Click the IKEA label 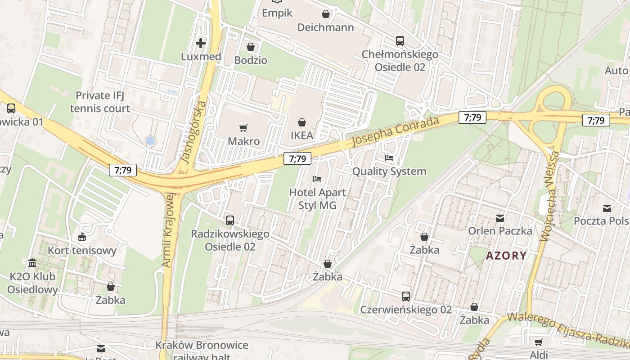pyautogui.click(x=301, y=135)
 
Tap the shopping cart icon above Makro pyautogui.click(x=243, y=128)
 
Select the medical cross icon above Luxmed pyautogui.click(x=201, y=43)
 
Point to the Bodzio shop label pyautogui.click(x=251, y=60)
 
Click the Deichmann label pyautogui.click(x=326, y=27)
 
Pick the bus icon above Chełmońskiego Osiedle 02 pyautogui.click(x=400, y=41)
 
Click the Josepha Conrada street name pyautogui.click(x=395, y=131)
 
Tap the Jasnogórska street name pyautogui.click(x=193, y=132)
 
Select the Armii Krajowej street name pyautogui.click(x=167, y=229)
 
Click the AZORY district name pyautogui.click(x=506, y=256)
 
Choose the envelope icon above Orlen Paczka pyautogui.click(x=500, y=218)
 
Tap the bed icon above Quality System pyautogui.click(x=389, y=158)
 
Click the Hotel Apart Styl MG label pyautogui.click(x=317, y=198)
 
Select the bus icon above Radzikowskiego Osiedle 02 pyautogui.click(x=230, y=220)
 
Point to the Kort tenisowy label pyautogui.click(x=82, y=250)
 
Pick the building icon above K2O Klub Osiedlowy pyautogui.click(x=32, y=263)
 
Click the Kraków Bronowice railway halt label pyautogui.click(x=202, y=350)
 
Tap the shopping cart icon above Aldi pyautogui.click(x=539, y=342)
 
